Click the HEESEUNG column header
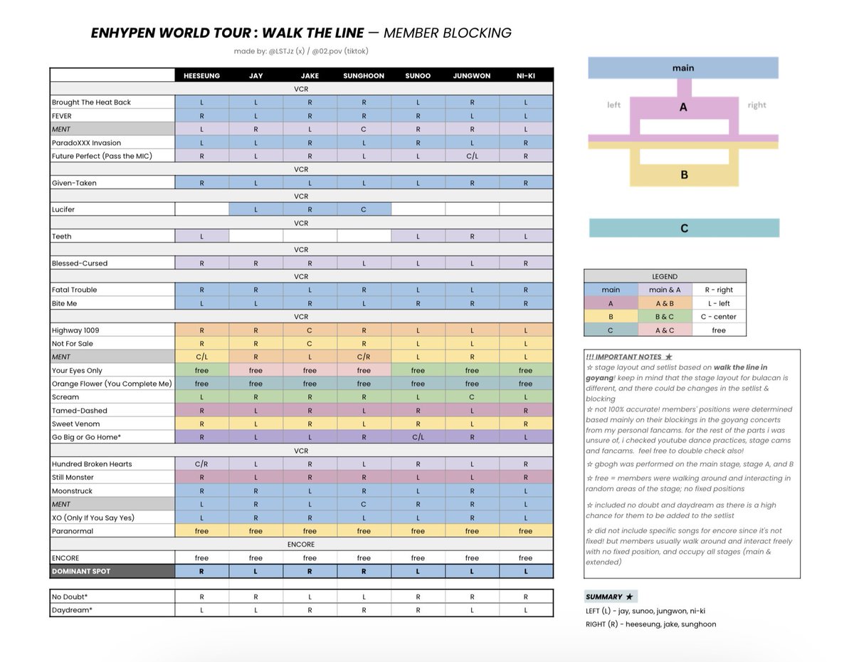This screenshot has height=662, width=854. (201, 75)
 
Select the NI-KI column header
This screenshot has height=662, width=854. (525, 75)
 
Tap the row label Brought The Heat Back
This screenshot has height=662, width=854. (91, 103)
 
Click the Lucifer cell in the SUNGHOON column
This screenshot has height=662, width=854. (364, 210)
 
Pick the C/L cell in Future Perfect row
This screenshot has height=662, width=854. (471, 156)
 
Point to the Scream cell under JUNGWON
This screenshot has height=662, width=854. (471, 397)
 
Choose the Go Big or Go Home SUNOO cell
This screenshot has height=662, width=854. (418, 437)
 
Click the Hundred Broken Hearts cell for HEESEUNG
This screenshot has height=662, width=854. (201, 464)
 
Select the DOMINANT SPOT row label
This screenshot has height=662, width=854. (81, 572)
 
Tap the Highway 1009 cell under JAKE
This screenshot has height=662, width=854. (310, 330)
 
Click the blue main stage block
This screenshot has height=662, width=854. (682, 68)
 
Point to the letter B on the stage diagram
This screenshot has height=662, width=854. (684, 175)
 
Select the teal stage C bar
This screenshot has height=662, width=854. (684, 228)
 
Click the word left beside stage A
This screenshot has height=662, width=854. (613, 105)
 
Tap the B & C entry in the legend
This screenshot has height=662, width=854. (665, 317)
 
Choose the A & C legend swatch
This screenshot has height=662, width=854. (665, 330)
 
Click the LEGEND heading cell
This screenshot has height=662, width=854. (665, 276)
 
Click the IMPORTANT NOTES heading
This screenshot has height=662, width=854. (626, 357)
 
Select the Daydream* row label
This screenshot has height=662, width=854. (72, 610)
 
